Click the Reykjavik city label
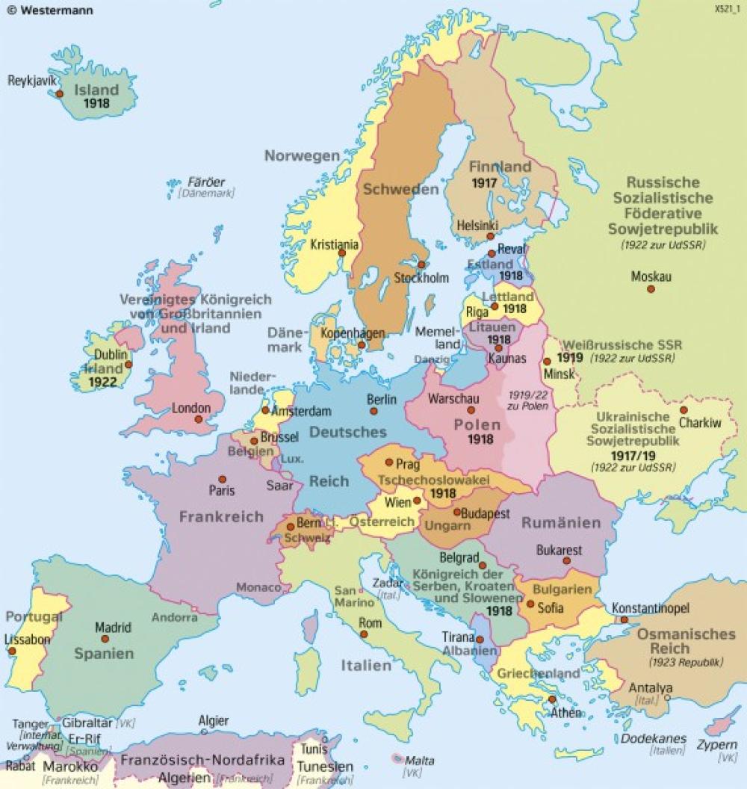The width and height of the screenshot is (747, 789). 34,80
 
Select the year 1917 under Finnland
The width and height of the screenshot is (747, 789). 484,182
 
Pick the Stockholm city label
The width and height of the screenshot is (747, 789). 422,278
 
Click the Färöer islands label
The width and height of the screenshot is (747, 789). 206,182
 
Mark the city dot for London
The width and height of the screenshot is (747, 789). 198,420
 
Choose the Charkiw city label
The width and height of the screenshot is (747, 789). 701,424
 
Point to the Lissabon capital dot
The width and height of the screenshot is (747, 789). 13,651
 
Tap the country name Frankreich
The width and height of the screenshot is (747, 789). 221,516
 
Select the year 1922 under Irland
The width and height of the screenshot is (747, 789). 103,382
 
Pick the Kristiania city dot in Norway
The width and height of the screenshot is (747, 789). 341,253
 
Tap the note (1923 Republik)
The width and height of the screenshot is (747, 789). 686,662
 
